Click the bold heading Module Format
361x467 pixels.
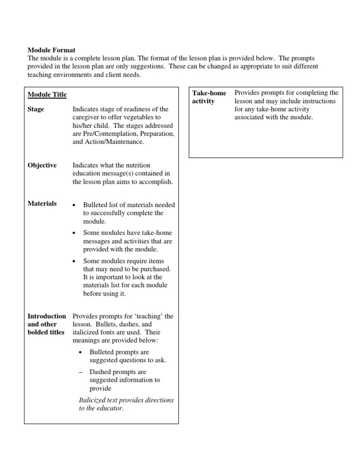coord(52,49)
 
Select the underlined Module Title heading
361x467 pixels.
coord(47,94)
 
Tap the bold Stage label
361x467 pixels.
coord(36,109)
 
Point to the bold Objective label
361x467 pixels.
coord(42,165)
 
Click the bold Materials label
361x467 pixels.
coord(42,203)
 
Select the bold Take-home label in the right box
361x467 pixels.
coord(209,93)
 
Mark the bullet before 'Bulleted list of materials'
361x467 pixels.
coord(75,205)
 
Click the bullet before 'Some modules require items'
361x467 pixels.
coord(75,261)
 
